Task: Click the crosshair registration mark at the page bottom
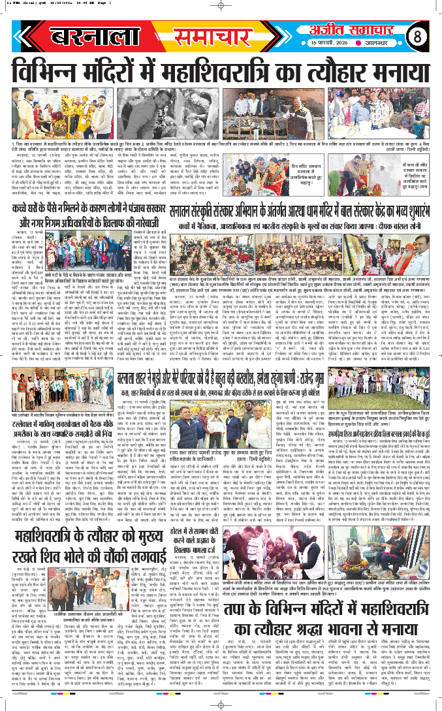(221, 704)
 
